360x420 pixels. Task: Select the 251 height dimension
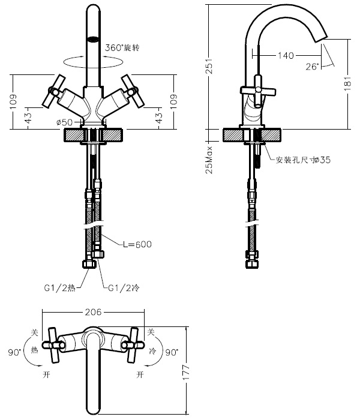point(210,68)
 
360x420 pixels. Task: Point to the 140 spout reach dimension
point(286,56)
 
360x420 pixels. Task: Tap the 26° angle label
point(312,67)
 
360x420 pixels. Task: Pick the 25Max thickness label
point(209,158)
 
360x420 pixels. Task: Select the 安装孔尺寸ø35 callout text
point(302,160)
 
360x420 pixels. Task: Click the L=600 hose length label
point(137,244)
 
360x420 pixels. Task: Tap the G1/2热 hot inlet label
point(59,288)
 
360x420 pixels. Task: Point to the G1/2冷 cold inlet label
point(122,288)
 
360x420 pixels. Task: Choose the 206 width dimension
point(92,312)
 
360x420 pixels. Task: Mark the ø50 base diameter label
point(64,122)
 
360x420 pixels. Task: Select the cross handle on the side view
point(257,91)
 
